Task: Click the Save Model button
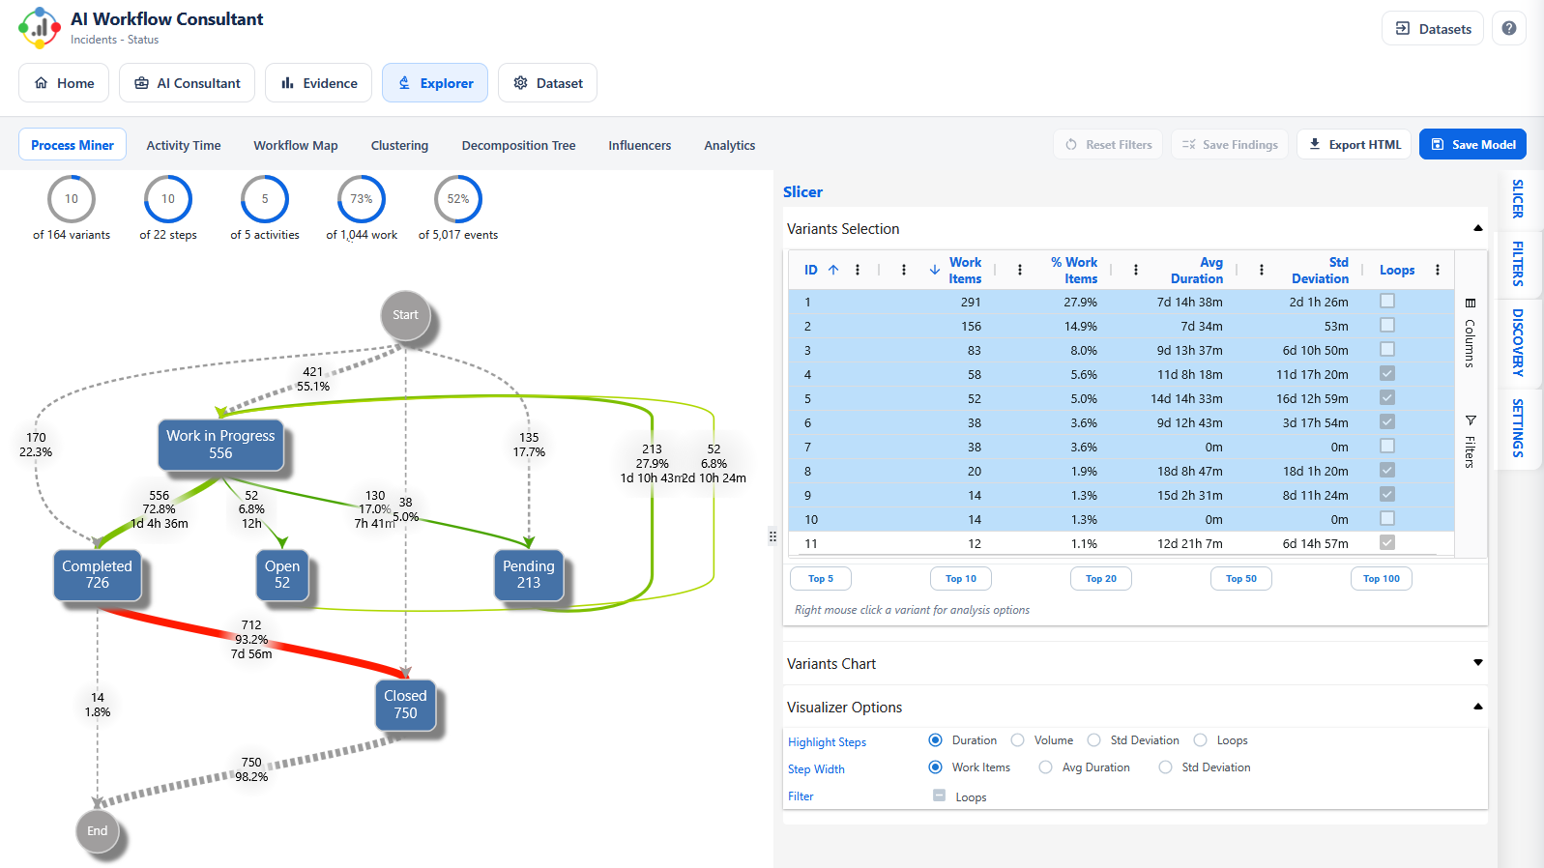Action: (x=1472, y=144)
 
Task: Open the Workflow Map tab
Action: (x=295, y=145)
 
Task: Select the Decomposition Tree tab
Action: (x=518, y=145)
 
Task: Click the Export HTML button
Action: (x=1354, y=144)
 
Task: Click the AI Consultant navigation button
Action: (x=187, y=83)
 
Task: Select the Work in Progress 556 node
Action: (x=220, y=445)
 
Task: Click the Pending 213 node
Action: (x=528, y=574)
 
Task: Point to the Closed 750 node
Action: (x=405, y=705)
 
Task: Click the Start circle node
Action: (x=405, y=315)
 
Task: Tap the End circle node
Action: (x=98, y=831)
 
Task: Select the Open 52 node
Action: (x=281, y=574)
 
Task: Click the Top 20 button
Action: (x=1100, y=578)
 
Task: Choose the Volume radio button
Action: (x=1017, y=740)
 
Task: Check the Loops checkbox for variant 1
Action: (x=1386, y=302)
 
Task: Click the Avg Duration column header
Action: (x=1197, y=270)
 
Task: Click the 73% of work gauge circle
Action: (x=362, y=199)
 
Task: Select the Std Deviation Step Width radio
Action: (x=1165, y=767)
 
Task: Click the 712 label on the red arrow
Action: (x=251, y=625)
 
